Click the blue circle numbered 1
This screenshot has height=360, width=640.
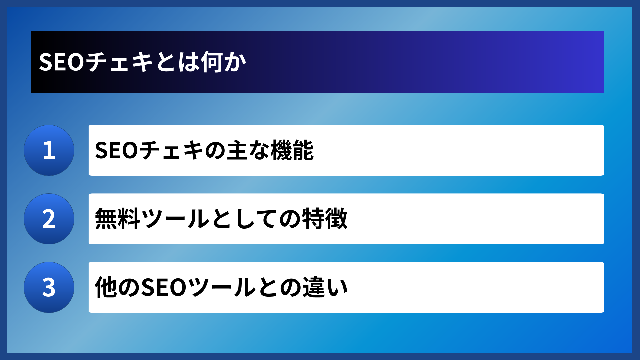(x=49, y=150)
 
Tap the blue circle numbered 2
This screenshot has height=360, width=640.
(x=49, y=219)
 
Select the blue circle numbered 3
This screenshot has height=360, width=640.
(x=49, y=287)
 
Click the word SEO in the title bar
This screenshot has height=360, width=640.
(x=62, y=62)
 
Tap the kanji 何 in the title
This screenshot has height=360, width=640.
(x=212, y=62)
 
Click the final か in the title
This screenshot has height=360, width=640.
(x=235, y=62)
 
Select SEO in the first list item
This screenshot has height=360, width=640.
(x=116, y=150)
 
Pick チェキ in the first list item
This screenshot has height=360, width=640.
(x=172, y=150)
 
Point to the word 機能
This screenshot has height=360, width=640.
(x=292, y=150)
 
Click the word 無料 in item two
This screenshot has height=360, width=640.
(x=117, y=219)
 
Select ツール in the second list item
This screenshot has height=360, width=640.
(x=176, y=219)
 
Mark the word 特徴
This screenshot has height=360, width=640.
(x=325, y=219)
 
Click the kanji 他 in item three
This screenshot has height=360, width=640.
(x=106, y=287)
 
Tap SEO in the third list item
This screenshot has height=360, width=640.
(x=164, y=287)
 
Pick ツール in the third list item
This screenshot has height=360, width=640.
(x=221, y=287)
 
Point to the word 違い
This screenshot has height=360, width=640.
(x=325, y=287)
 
